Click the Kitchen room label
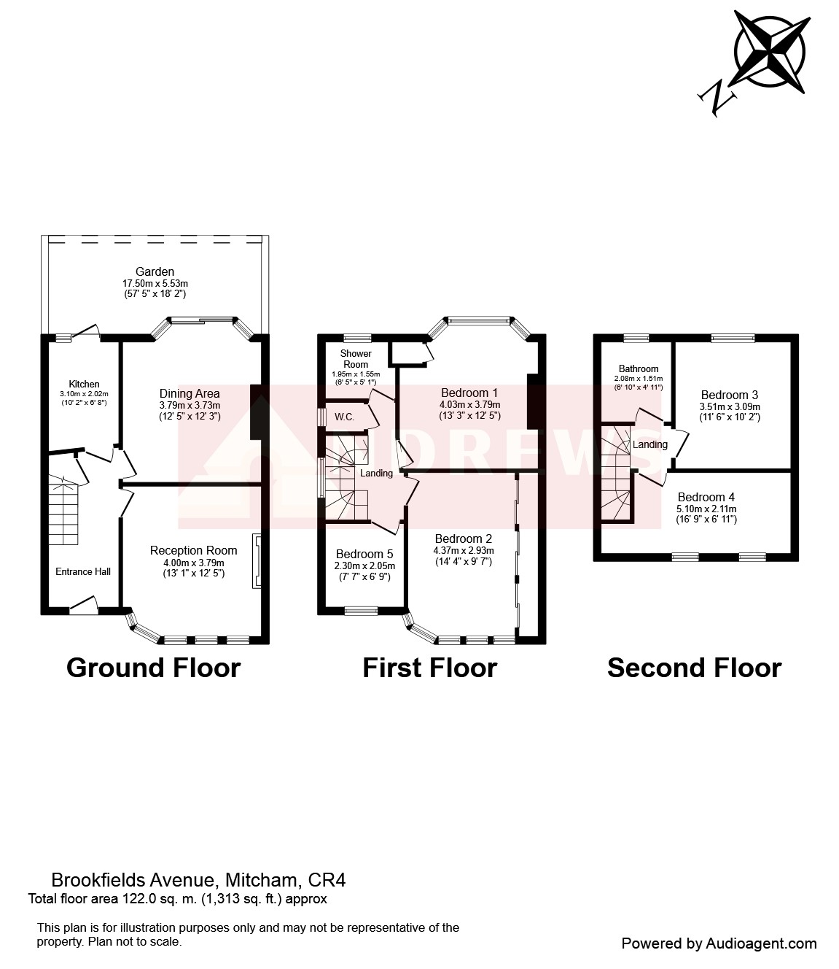tap(85, 384)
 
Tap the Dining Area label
tap(190, 393)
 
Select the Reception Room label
tap(193, 550)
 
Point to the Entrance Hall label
tap(83, 571)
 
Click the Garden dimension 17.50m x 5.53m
tap(155, 283)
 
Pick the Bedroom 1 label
tap(469, 393)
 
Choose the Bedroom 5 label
tap(364, 554)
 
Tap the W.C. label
tap(344, 417)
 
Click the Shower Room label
tap(356, 358)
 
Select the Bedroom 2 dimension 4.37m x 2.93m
tap(464, 550)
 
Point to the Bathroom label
tap(639, 368)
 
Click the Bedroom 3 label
tap(730, 395)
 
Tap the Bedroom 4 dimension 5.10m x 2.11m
tap(706, 509)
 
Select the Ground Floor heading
tap(154, 668)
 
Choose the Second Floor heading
tap(695, 668)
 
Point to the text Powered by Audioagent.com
tap(719, 943)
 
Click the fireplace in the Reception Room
tap(257, 560)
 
